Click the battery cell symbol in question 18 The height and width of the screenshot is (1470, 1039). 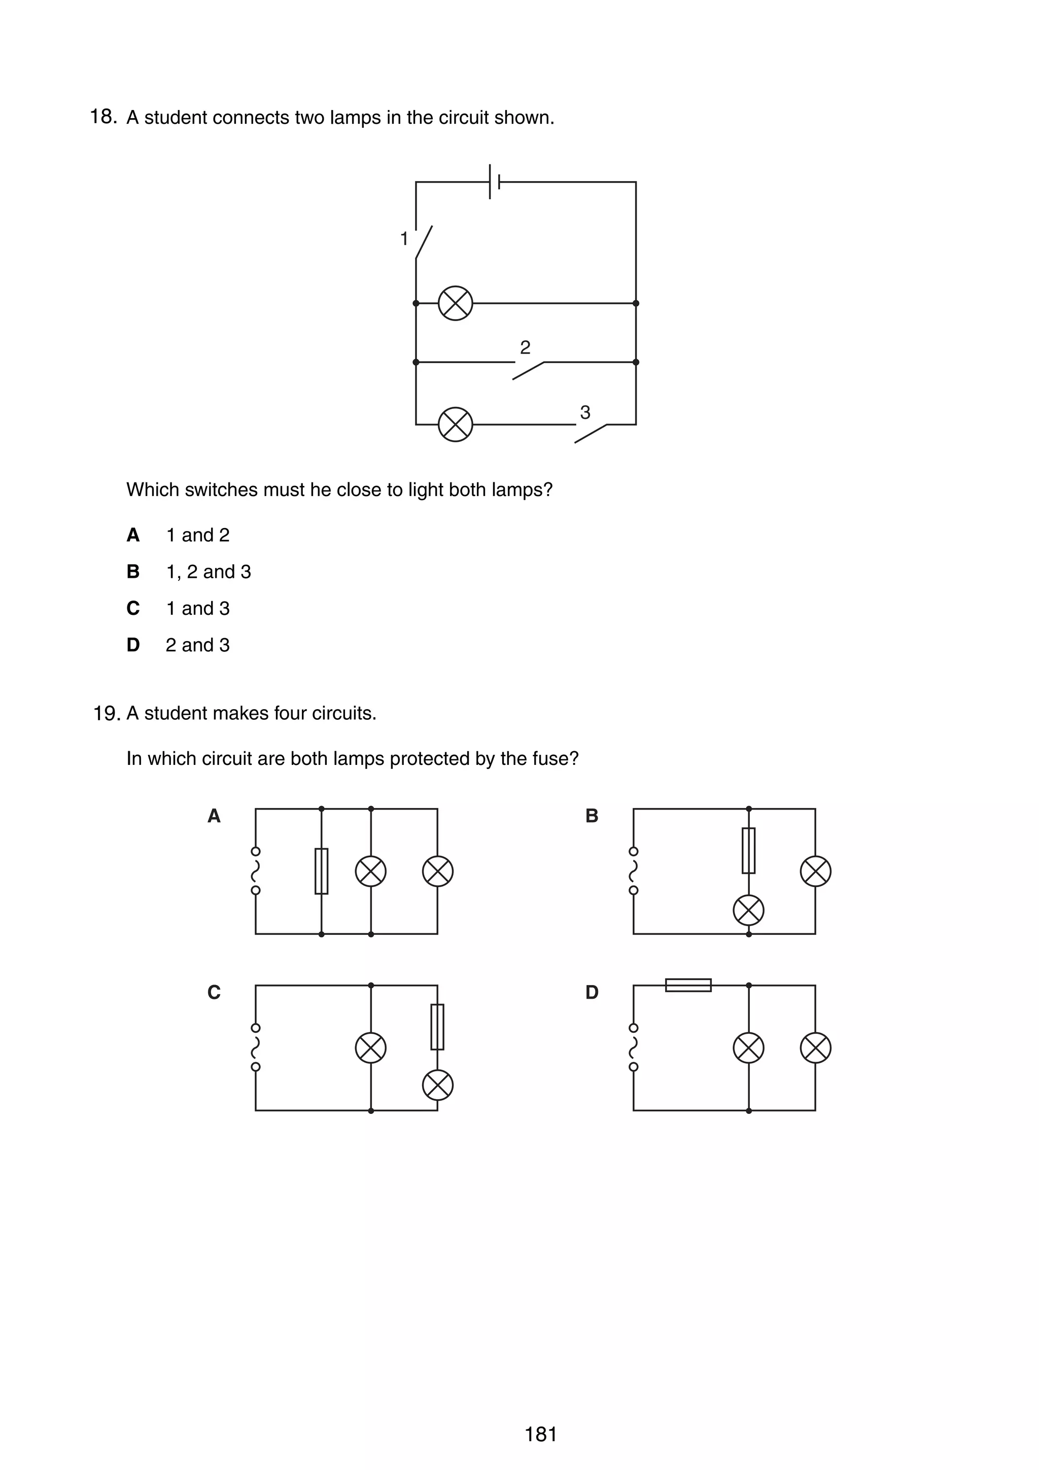click(494, 182)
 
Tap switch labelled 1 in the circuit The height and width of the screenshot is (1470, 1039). click(423, 242)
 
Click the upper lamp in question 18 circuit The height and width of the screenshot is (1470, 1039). click(455, 303)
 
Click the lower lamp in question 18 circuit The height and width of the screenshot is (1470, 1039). click(455, 424)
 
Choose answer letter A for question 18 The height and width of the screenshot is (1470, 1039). click(133, 535)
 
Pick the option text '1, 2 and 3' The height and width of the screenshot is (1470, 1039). click(208, 572)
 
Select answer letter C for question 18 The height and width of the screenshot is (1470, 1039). click(133, 608)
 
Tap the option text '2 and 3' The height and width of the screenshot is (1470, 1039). click(197, 645)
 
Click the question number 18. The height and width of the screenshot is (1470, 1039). click(102, 117)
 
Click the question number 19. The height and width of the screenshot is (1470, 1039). click(106, 713)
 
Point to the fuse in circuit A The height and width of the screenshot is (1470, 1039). click(321, 871)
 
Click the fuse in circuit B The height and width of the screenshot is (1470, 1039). click(748, 850)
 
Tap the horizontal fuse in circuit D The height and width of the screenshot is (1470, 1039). click(688, 985)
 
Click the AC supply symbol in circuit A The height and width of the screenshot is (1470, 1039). click(255, 871)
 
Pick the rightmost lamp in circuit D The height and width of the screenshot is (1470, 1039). click(816, 1048)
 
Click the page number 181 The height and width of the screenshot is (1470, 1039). click(541, 1434)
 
